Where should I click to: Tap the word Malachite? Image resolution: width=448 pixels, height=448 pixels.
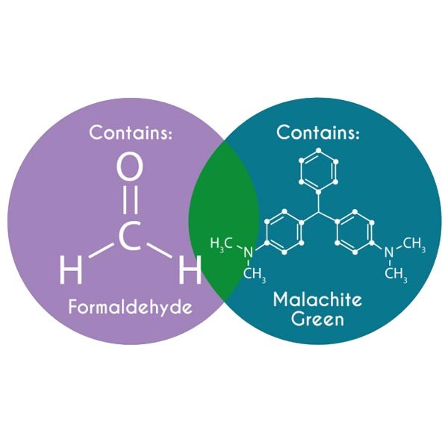pos(318,299)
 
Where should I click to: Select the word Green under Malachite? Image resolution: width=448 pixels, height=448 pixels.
pos(317,319)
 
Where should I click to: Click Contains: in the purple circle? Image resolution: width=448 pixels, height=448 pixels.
pos(131,132)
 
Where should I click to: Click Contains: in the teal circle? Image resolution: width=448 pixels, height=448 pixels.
pos(318,132)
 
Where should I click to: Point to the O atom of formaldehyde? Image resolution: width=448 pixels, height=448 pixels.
pos(129,167)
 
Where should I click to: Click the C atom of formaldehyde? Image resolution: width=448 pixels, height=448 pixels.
pos(130,236)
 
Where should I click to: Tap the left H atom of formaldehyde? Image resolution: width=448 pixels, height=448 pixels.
pos(71,269)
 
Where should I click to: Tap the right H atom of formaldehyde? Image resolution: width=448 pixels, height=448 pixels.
pos(190,269)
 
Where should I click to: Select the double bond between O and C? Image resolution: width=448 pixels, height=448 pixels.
pos(130,199)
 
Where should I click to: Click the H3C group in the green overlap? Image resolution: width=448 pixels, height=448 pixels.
pos(221,244)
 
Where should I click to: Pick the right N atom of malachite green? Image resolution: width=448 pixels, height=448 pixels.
pos(389,252)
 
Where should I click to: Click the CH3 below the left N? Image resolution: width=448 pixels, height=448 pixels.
pos(255,274)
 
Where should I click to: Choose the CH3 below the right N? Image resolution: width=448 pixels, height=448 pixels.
pos(396,274)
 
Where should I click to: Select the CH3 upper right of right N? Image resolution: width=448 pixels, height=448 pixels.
pos(414,244)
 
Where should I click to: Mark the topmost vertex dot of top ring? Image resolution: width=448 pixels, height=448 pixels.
pos(319,150)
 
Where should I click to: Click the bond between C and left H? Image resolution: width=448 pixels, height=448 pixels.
pos(102,251)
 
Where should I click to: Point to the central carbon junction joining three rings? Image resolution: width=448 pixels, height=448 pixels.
pos(318,213)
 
